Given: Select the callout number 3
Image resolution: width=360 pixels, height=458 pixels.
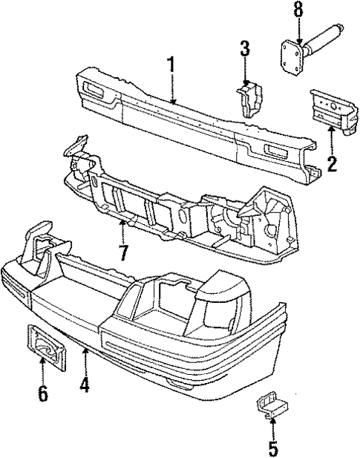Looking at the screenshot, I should [245, 52].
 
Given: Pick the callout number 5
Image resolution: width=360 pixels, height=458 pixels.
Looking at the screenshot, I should [273, 448].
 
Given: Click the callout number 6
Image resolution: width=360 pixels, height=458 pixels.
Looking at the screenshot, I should [42, 392].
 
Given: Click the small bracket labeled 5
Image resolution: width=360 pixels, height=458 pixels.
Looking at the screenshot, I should [270, 405].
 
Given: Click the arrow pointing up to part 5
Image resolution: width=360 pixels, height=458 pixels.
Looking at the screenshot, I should [273, 428].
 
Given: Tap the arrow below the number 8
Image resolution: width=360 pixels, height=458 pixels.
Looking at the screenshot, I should [298, 31].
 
